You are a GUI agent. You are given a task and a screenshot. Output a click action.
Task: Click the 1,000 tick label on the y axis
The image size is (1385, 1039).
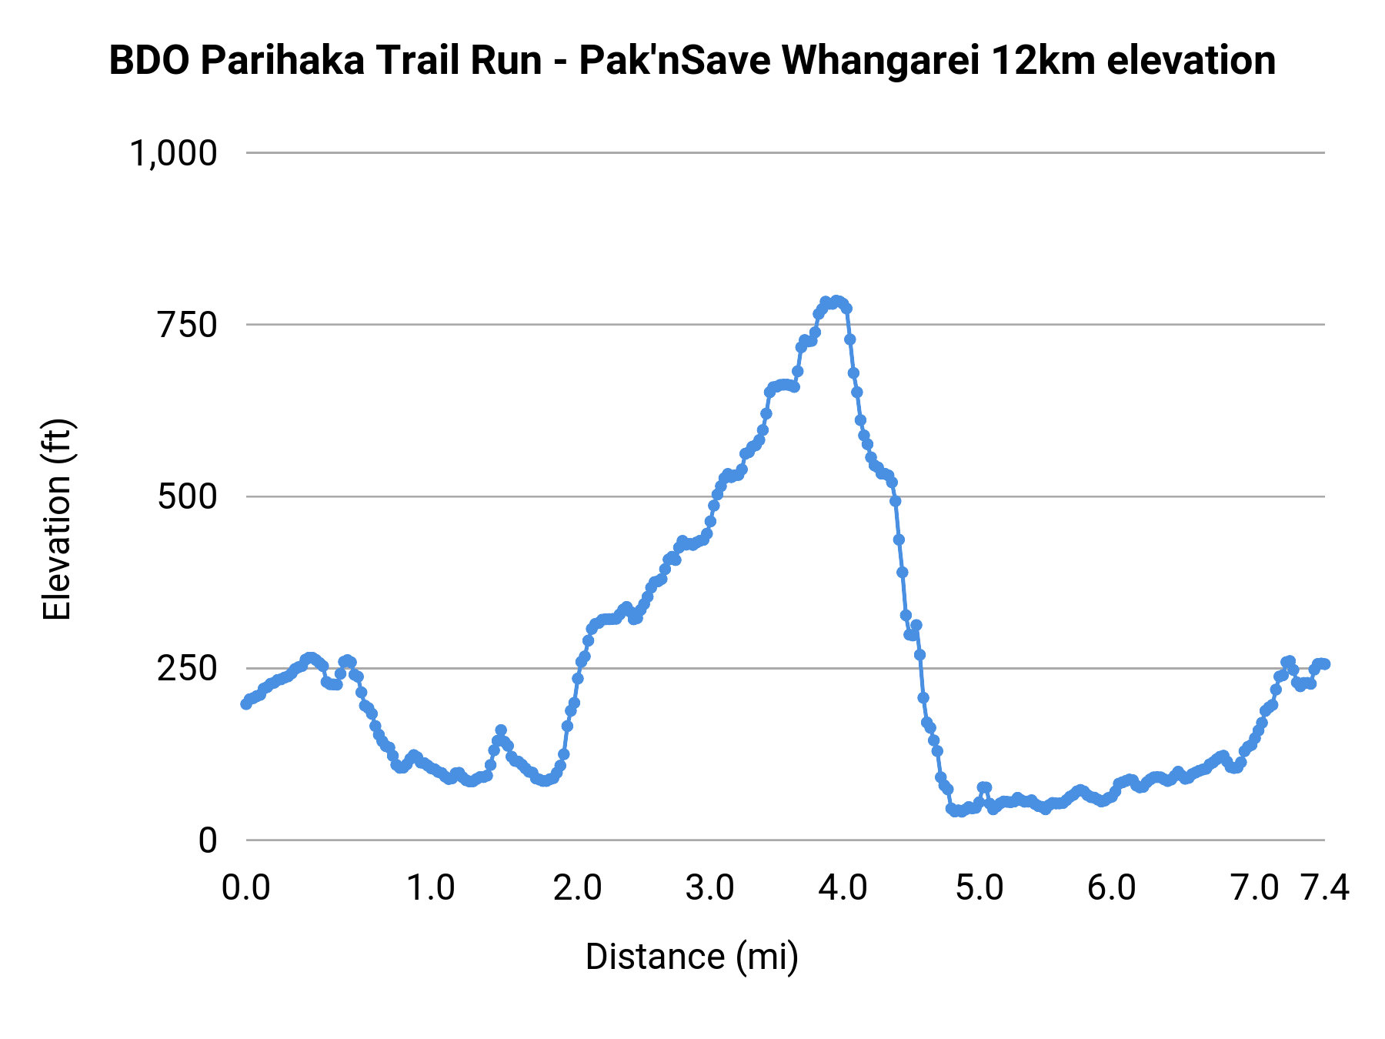174,153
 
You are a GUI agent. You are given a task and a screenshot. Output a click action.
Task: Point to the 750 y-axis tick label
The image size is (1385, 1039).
188,325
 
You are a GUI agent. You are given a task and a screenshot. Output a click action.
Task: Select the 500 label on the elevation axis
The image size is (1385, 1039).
188,497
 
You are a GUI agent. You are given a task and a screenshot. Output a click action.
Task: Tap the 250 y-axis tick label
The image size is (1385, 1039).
188,669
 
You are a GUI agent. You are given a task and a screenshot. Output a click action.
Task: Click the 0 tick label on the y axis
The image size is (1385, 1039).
208,840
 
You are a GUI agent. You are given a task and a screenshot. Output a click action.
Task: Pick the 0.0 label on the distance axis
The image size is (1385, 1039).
246,888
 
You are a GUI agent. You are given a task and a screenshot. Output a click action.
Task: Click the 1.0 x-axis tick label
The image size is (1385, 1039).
431,888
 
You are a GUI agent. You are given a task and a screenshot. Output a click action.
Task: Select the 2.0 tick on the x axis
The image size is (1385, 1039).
578,888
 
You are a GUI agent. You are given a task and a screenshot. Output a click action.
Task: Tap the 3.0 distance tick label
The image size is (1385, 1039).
710,888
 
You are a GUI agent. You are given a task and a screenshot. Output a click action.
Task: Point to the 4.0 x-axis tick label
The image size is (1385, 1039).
843,888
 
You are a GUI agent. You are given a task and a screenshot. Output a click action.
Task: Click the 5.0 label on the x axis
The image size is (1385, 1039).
980,888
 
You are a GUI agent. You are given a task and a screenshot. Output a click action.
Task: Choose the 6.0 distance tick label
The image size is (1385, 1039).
1112,888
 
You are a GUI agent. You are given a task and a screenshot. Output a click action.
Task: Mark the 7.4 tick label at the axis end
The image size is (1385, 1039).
1325,888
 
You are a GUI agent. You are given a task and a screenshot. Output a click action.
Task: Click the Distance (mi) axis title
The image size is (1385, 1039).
692,957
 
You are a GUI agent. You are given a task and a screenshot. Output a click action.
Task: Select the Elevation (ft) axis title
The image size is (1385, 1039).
57,519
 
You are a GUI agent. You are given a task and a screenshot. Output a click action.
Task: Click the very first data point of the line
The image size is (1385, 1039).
246,703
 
